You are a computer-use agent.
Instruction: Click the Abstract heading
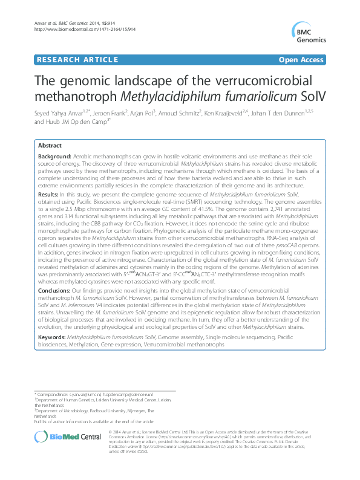(50, 146)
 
